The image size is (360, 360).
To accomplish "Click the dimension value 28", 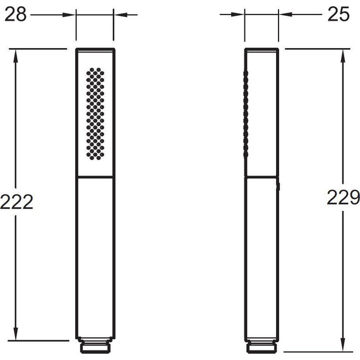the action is tap(15, 15).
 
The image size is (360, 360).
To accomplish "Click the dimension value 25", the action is tap(339, 15).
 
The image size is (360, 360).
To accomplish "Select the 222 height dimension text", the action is tap(16, 202).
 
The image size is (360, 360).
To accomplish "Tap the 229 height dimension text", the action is tap(343, 197).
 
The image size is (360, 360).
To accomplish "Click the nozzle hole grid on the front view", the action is tap(95, 114).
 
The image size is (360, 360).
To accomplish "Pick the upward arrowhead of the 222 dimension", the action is tap(15, 56).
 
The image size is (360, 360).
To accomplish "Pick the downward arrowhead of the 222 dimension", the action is tap(15, 333).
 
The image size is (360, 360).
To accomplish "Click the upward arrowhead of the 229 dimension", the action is tap(342, 56).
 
